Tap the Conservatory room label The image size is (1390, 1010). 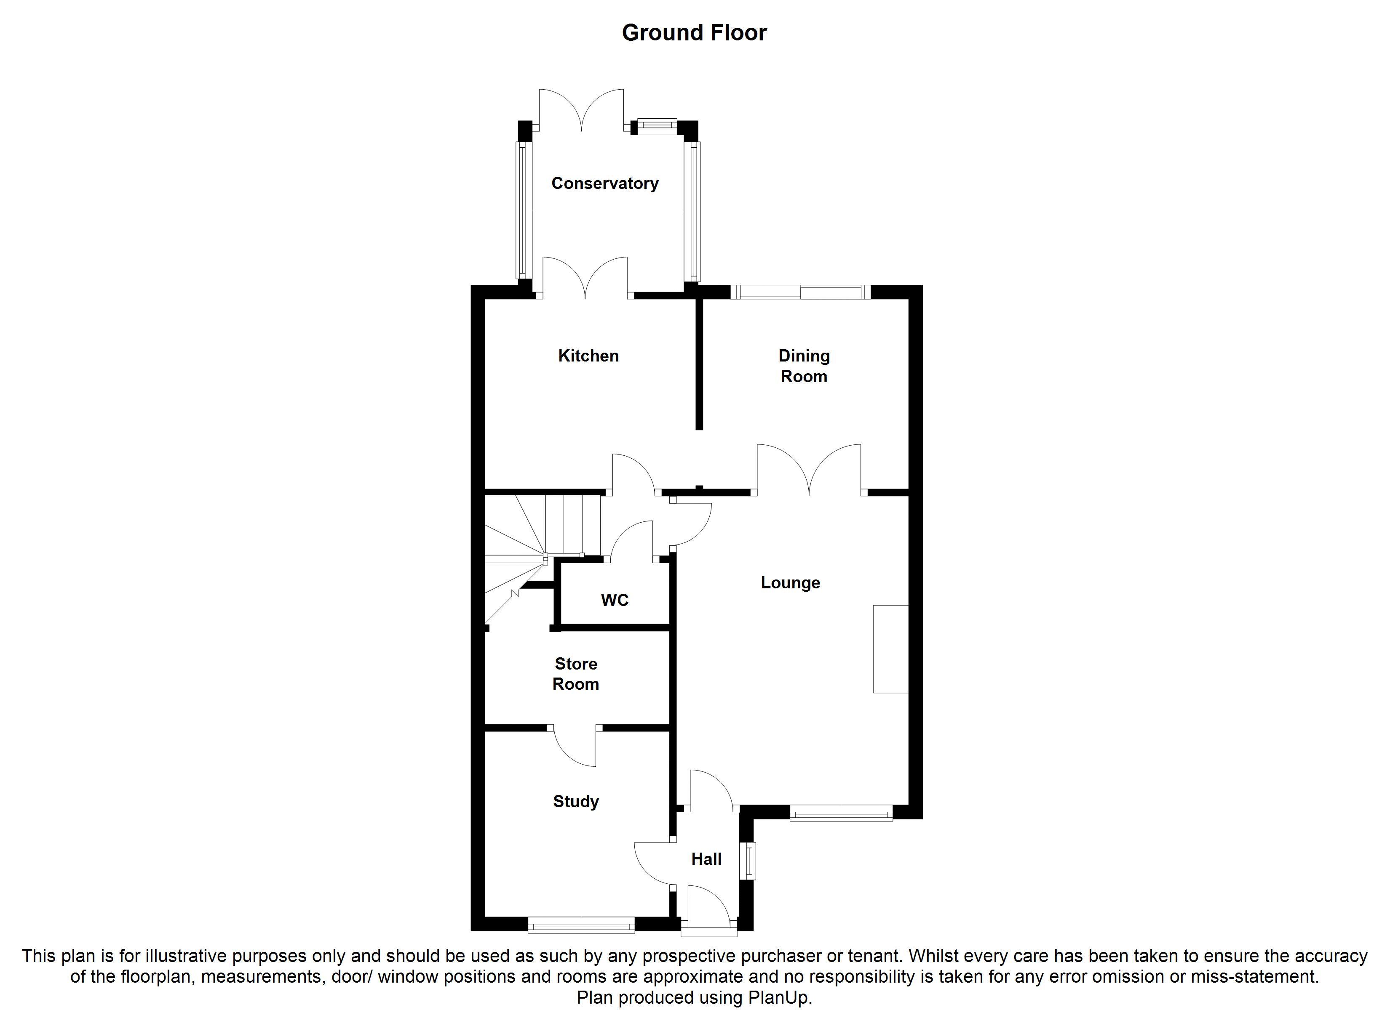tap(605, 183)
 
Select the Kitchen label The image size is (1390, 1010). tap(588, 356)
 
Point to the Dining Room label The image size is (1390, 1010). tap(804, 366)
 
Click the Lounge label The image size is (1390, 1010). tap(791, 582)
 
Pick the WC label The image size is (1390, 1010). tap(615, 600)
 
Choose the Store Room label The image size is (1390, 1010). tap(575, 674)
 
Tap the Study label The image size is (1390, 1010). tap(575, 802)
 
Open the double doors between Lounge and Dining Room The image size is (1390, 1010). tap(809, 470)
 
